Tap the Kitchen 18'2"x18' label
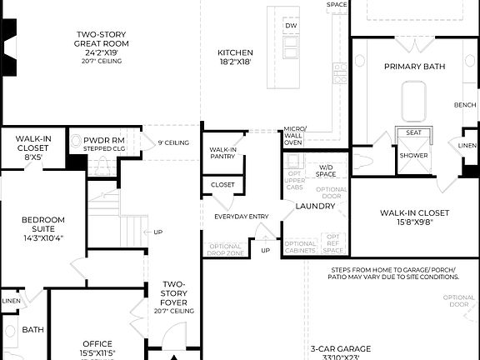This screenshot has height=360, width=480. (235, 56)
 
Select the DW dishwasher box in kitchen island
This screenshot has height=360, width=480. (291, 27)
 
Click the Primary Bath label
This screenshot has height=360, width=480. (414, 66)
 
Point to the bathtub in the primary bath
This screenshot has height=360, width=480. (413, 102)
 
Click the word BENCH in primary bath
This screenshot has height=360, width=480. (465, 105)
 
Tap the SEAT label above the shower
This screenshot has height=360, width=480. (413, 132)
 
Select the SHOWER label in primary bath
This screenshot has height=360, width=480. (413, 155)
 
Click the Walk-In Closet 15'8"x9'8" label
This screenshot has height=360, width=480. (413, 217)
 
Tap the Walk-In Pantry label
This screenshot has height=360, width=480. (222, 152)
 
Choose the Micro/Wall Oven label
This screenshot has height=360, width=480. (295, 136)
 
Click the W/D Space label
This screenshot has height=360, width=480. (326, 171)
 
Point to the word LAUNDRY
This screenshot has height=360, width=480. (315, 205)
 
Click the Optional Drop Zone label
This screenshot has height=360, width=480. (225, 249)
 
